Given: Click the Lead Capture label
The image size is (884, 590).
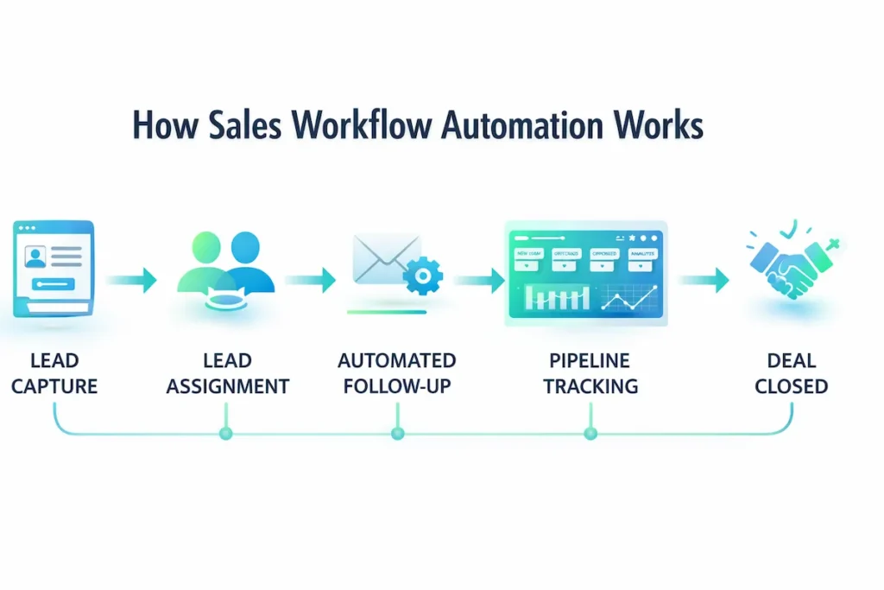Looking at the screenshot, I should pos(54,373).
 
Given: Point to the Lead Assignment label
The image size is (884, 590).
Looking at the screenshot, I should pos(227,373).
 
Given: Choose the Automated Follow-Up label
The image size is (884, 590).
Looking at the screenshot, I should pos(396,373).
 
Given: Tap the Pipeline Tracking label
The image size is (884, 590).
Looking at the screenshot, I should pos(590,373).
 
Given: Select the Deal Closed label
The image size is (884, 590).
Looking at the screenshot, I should pos(791,373).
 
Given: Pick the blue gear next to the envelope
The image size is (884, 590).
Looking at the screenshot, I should pos(423,276).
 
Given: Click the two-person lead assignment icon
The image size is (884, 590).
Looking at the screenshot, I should pos(226,263).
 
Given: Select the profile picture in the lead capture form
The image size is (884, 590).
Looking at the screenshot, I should pos(35,256).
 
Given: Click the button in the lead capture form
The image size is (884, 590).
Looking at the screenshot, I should pos(53,284).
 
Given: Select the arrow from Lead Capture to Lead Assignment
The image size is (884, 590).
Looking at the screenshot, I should pos(131,280).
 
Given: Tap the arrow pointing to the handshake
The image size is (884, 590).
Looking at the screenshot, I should pos(704,280).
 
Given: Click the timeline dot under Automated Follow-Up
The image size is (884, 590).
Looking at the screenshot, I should pos(397,434).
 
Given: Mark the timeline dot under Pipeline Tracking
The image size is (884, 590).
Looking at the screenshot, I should pos(590,434).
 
